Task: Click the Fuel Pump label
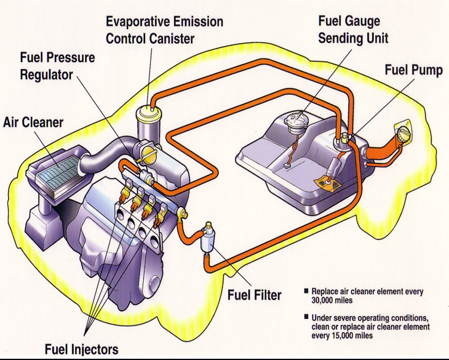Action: tap(413, 70)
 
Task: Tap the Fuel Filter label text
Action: tap(254, 295)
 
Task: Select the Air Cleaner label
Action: tap(33, 122)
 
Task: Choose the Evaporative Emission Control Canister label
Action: tap(164, 30)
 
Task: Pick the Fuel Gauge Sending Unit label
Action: tap(353, 30)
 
